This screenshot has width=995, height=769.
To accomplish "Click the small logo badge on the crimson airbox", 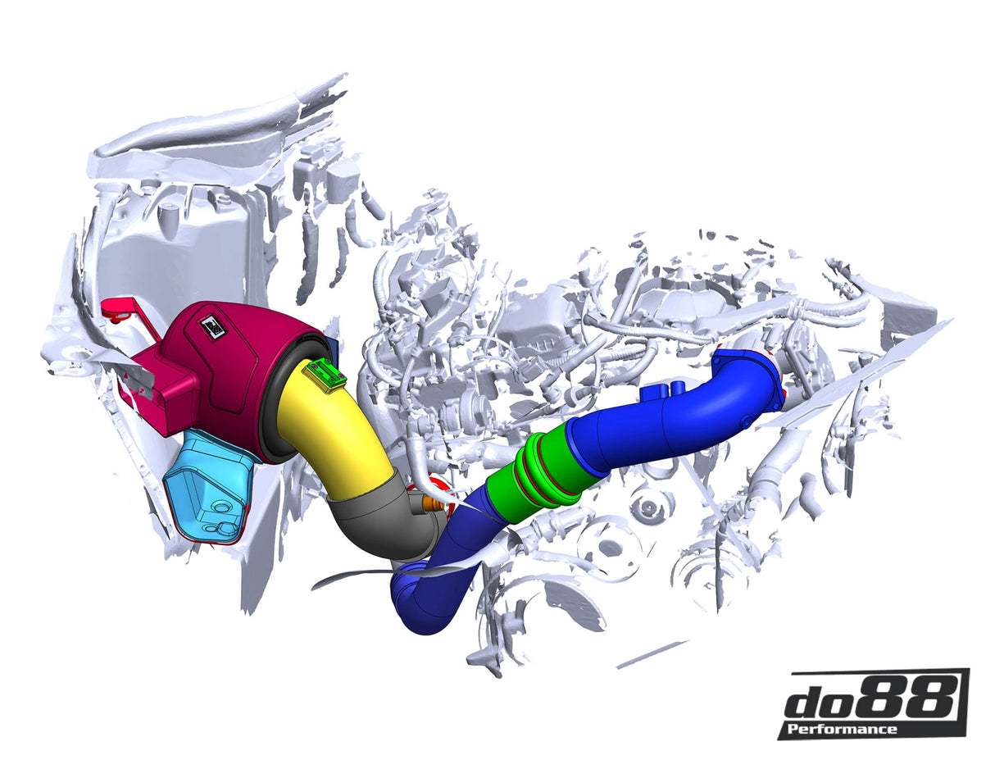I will (x=213, y=326).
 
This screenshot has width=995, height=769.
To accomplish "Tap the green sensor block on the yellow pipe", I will (x=325, y=375).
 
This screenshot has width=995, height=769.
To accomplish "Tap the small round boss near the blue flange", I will (x=747, y=421).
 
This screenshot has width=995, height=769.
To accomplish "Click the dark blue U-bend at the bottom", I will (x=422, y=598).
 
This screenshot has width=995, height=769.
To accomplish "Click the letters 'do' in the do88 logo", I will (x=820, y=703).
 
